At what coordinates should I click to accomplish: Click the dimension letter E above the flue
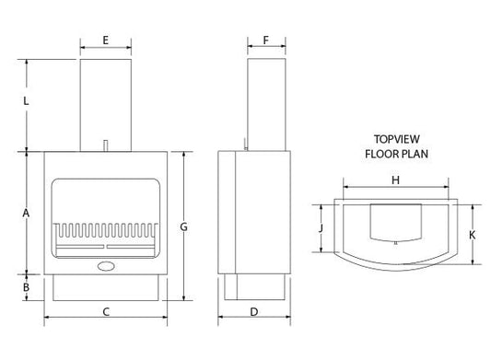[x=106, y=40]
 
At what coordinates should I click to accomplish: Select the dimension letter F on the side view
[x=265, y=40]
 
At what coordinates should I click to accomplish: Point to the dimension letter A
[x=26, y=213]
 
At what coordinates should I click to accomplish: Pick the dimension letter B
[x=26, y=287]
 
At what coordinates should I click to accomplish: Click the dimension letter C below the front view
[x=106, y=312]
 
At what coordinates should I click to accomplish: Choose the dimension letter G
[x=184, y=226]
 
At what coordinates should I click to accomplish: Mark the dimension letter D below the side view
[x=253, y=312]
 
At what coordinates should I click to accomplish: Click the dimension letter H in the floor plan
[x=395, y=180]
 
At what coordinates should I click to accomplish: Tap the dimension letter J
[x=321, y=226]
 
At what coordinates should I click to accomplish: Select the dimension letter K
[x=472, y=235]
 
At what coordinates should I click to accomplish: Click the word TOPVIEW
[x=396, y=139]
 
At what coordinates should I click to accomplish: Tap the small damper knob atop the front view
[x=107, y=144]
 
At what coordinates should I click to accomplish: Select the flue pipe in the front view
[x=106, y=101]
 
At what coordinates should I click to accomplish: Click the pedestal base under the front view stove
[x=106, y=287]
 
